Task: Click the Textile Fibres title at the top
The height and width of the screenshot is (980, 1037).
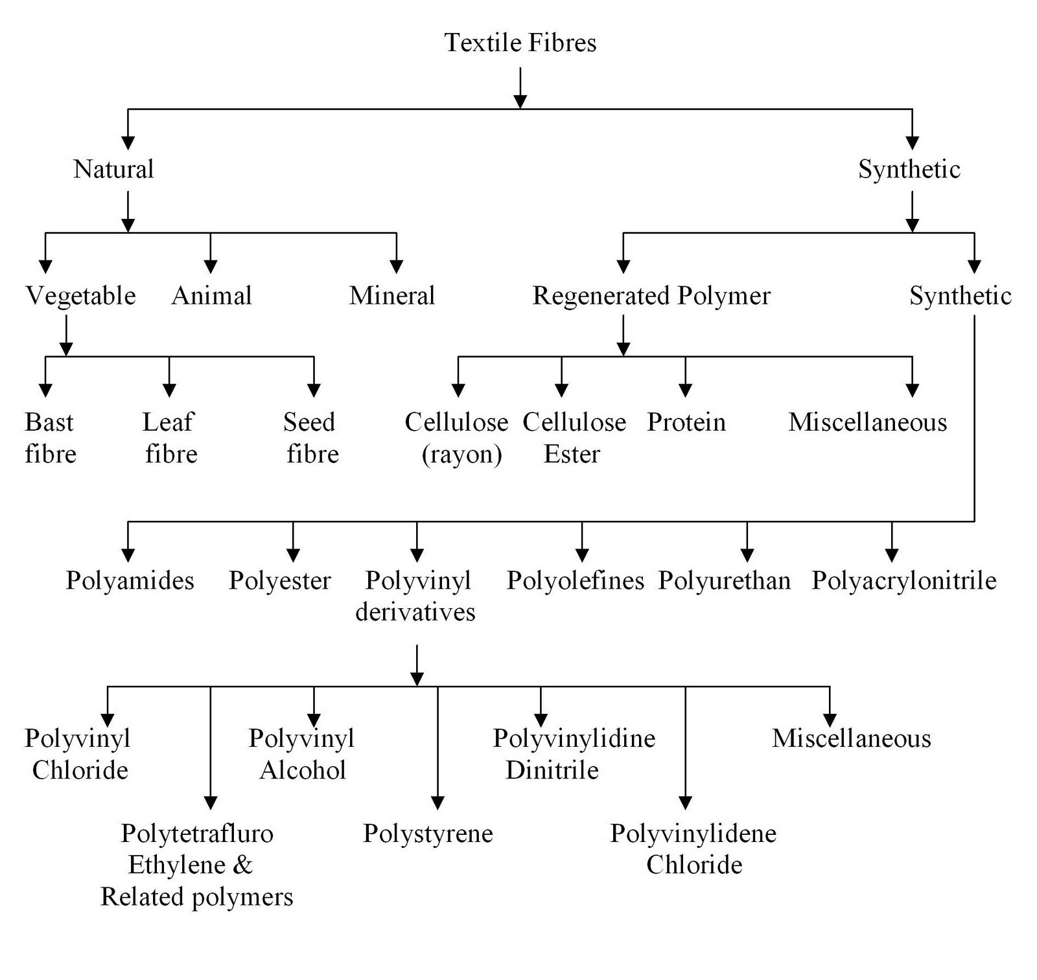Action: pos(520,43)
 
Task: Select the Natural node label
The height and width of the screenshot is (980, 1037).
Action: pos(113,169)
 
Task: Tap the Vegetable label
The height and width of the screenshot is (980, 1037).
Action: pos(81,295)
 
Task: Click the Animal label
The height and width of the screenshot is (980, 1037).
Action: pos(211,295)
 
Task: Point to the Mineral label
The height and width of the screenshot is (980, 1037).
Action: pos(391,295)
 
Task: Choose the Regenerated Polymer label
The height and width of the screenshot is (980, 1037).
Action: pos(651,295)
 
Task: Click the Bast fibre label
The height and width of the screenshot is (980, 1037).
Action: pos(50,438)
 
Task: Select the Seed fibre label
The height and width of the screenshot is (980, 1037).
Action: pos(311,438)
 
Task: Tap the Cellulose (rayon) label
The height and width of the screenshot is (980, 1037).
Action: pos(458,438)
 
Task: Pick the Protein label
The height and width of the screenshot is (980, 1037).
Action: pos(686,422)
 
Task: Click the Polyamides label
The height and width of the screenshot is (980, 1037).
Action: pos(130,580)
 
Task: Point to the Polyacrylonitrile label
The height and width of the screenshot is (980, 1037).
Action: pos(904,580)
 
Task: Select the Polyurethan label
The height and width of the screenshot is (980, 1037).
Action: pos(724,580)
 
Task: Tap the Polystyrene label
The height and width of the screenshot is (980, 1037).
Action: pos(428,833)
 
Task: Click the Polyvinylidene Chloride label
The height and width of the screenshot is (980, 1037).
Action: pos(693,849)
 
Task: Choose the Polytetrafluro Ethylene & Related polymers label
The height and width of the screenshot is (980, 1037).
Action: pos(197,865)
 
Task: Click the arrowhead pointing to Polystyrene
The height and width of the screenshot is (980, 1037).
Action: pos(437,803)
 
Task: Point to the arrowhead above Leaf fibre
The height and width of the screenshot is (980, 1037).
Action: pos(169,390)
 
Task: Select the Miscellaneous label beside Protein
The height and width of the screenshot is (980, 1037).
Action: pos(867,422)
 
